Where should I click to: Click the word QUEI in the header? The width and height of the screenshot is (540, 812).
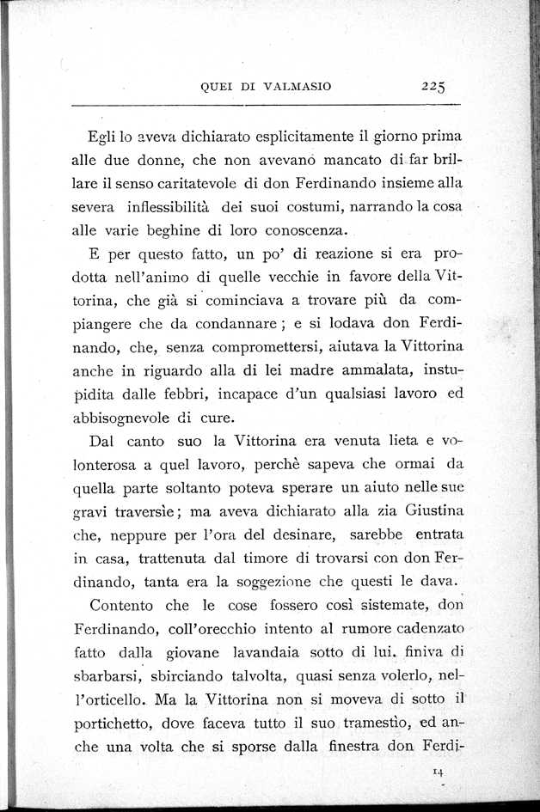click(x=214, y=86)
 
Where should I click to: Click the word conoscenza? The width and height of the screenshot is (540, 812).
click(x=301, y=229)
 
